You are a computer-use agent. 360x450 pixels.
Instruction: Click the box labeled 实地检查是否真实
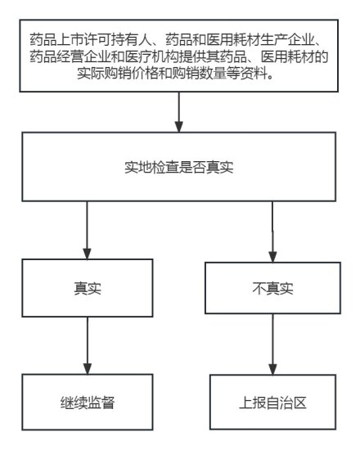point(179,167)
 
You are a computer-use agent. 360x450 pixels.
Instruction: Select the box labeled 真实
point(88,288)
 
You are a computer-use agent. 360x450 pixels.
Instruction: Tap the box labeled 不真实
point(272,288)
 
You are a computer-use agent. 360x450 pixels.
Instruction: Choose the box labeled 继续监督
point(88,402)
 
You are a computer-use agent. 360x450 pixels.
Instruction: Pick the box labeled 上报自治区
point(272,402)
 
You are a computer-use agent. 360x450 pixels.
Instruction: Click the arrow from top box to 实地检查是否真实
point(179,112)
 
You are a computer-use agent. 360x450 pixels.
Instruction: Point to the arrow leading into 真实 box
point(87,230)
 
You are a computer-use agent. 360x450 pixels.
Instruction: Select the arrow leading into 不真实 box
point(272,232)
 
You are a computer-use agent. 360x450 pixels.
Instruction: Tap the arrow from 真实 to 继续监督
point(88,345)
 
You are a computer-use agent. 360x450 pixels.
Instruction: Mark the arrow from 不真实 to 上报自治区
point(272,344)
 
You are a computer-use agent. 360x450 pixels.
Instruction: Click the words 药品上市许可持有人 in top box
point(91,39)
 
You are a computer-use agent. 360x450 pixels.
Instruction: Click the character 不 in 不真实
point(259,288)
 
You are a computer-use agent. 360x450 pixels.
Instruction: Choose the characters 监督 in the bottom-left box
point(101,403)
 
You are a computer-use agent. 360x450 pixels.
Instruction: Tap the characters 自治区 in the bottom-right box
point(286,403)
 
